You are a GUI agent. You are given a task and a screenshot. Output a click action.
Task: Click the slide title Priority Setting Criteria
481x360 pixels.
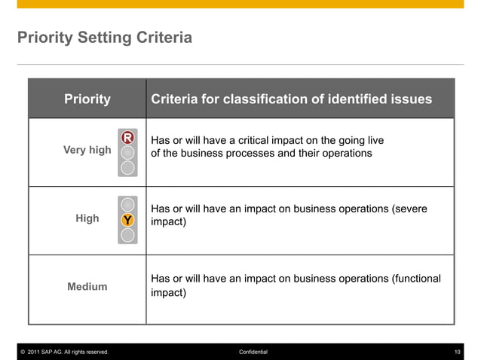coord(104,37)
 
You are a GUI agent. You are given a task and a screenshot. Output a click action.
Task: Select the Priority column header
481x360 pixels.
coord(87,99)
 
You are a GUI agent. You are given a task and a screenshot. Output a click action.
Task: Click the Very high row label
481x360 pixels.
coord(87,150)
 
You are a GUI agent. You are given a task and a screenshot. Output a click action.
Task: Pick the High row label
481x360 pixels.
coord(87,218)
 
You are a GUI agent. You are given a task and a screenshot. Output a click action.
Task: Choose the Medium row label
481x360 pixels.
coord(87,286)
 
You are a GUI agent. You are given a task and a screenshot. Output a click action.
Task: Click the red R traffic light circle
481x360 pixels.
coord(128,137)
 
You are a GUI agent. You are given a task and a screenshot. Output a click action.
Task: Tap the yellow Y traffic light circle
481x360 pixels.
coord(128,220)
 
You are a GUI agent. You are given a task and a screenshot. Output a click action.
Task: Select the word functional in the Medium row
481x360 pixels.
coord(415,278)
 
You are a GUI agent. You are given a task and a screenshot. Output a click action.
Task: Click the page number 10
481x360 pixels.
coord(457,352)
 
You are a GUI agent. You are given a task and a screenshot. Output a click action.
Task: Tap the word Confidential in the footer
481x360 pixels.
coord(253,352)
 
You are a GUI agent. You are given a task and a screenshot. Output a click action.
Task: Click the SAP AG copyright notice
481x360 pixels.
coord(63,352)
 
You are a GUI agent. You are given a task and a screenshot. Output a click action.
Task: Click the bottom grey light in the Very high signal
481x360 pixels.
coord(128,166)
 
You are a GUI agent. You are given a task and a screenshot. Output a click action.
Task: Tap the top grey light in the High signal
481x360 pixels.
coord(128,205)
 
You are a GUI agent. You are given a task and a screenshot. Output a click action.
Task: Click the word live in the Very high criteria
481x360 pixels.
coord(375,140)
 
